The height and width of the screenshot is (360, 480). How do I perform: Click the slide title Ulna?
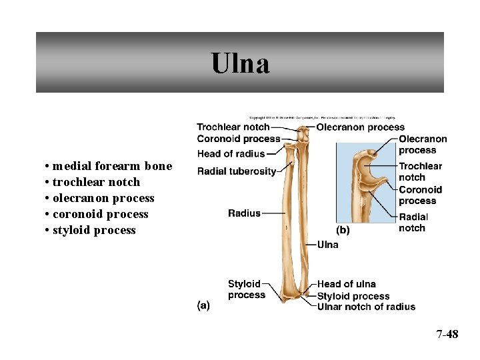click(x=240, y=64)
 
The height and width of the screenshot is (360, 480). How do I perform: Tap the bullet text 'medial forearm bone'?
click(x=112, y=166)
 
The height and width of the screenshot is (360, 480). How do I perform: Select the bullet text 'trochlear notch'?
click(x=96, y=182)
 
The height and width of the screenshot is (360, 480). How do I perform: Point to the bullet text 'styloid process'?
click(x=94, y=230)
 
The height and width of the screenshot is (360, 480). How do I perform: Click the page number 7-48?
click(x=447, y=334)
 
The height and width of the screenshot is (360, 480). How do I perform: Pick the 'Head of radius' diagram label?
click(x=231, y=154)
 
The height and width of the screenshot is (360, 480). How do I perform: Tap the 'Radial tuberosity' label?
click(x=237, y=171)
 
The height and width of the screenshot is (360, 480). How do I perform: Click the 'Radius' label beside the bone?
click(x=244, y=213)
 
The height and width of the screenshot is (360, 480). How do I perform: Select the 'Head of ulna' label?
click(x=346, y=284)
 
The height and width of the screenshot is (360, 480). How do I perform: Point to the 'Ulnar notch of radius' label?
click(x=366, y=307)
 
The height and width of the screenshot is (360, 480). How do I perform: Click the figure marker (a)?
click(x=203, y=305)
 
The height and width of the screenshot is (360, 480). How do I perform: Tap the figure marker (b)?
click(x=343, y=230)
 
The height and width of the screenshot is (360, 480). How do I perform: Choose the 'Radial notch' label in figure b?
click(x=413, y=222)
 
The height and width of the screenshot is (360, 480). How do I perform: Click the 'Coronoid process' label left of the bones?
click(x=239, y=139)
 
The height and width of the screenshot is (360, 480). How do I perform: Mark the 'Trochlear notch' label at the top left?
click(x=233, y=127)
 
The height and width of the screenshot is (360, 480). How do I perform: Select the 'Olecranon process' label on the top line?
click(x=360, y=127)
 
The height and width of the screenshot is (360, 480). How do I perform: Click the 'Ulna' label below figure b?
click(x=327, y=245)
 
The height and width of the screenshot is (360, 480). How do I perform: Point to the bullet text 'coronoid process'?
click(x=100, y=214)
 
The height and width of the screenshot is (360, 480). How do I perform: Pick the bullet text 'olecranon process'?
click(x=103, y=198)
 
